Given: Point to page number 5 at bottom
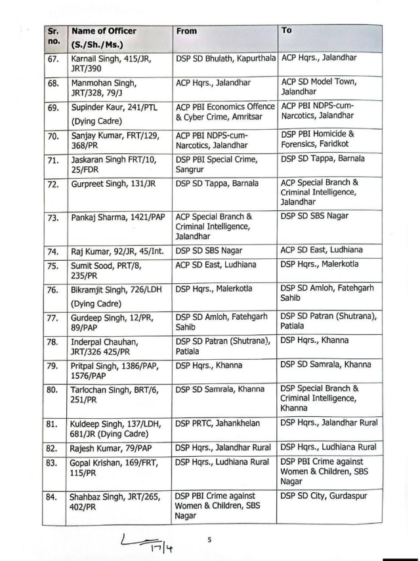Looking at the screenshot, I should [x=209, y=539].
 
